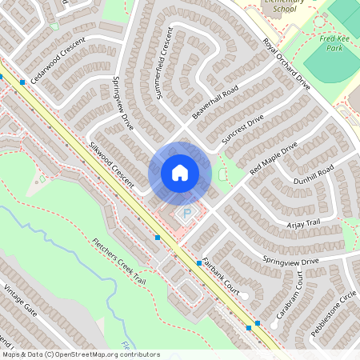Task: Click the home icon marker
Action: point(179,173)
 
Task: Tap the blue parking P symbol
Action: point(187,214)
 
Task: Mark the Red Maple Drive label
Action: point(273,158)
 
